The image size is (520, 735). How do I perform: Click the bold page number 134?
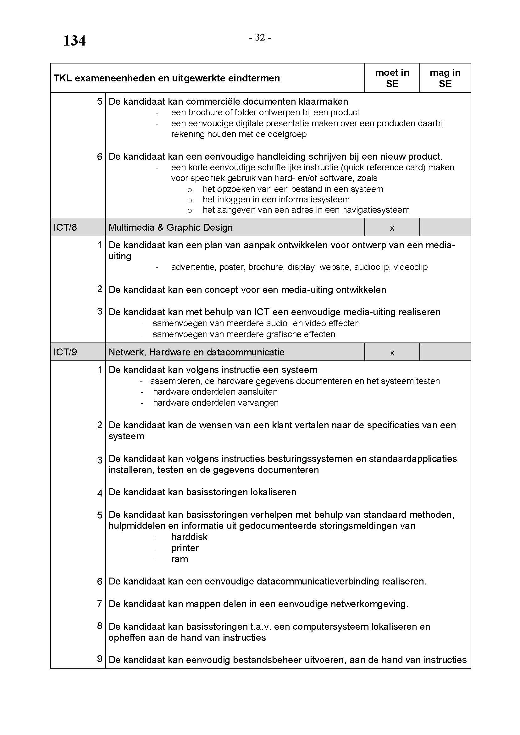point(74,41)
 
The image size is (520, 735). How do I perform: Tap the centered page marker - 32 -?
point(260,38)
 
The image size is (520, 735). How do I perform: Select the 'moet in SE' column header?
point(392,78)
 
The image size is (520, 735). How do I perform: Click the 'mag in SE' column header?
point(445,78)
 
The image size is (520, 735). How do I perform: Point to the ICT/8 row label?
point(65,228)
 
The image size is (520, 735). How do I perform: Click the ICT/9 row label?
point(65,353)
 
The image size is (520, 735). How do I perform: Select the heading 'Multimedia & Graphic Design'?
point(170,228)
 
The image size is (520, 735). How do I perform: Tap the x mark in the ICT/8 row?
point(392,228)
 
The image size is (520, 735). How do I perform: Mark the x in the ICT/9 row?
point(392,353)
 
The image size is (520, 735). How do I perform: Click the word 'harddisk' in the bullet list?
point(189,537)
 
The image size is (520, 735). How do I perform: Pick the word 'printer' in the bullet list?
point(185,548)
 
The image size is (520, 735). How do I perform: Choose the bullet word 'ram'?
point(179,559)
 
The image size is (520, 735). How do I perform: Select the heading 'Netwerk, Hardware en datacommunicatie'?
point(196,353)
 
